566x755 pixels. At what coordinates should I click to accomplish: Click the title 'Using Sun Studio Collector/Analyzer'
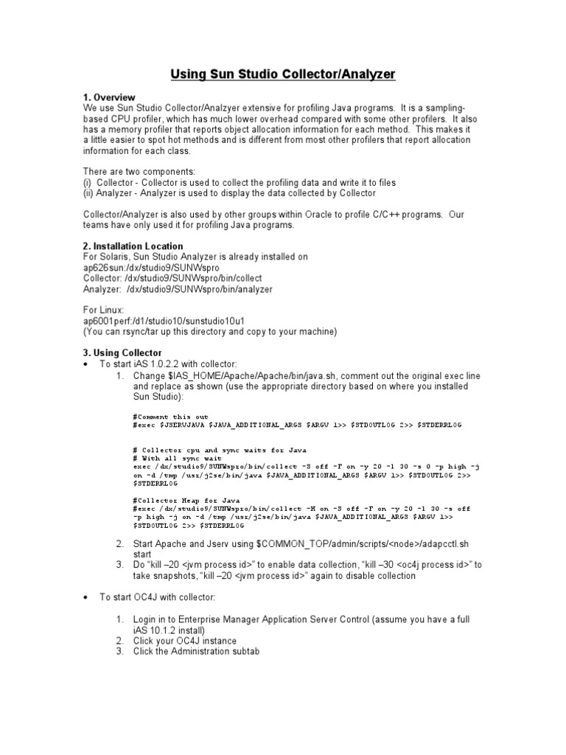point(284,74)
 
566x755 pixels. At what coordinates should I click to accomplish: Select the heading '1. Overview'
point(109,97)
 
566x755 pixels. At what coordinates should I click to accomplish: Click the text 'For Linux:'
point(103,310)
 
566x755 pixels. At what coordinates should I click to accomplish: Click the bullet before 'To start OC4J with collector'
point(87,597)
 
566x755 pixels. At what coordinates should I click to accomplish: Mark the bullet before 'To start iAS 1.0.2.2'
point(87,364)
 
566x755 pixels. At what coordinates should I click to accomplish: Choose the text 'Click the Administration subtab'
point(197,651)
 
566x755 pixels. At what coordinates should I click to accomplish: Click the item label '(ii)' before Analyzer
point(89,193)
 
